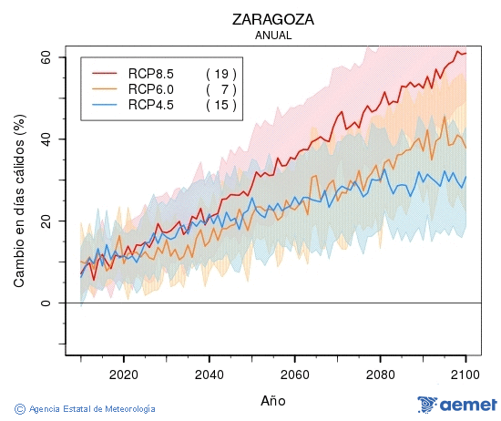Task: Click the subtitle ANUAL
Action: [273, 36]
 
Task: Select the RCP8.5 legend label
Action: [151, 73]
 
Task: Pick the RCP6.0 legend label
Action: [151, 89]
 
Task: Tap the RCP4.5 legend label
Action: [151, 106]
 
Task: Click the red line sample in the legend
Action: [105, 73]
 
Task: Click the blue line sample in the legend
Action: [105, 106]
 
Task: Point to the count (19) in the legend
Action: [220, 73]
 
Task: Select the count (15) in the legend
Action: [220, 106]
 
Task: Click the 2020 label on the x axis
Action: [123, 374]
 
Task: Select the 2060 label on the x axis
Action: [294, 374]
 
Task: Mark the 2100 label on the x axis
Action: [465, 374]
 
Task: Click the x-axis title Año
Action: [273, 400]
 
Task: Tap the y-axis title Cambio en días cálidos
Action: [19, 207]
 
